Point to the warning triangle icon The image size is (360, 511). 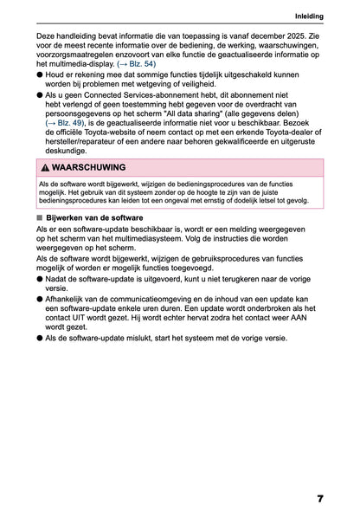[44, 167]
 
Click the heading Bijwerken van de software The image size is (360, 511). [96, 217]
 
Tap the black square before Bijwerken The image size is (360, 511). [40, 217]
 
